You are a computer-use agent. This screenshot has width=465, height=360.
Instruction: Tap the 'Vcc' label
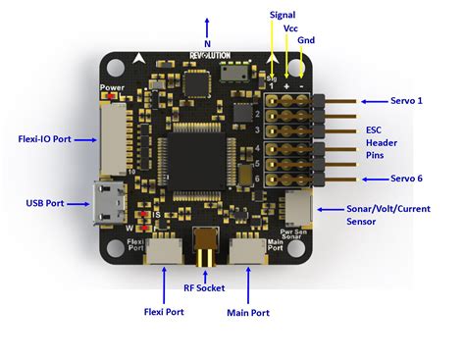[291, 29]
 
